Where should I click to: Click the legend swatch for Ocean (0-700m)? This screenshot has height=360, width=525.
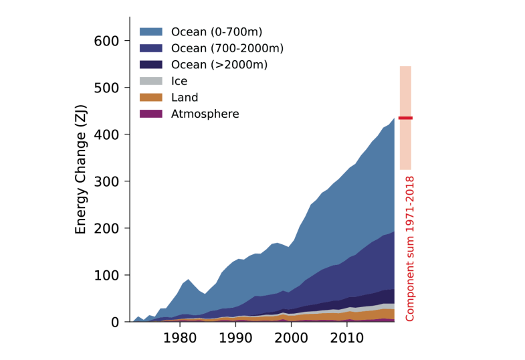tap(151, 31)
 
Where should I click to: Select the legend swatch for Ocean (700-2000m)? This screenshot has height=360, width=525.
tap(151, 48)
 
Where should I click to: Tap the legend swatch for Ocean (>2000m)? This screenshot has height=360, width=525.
tap(151, 65)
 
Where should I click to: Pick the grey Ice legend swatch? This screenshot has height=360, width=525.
tap(151, 82)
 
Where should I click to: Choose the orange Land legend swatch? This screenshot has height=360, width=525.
tap(151, 98)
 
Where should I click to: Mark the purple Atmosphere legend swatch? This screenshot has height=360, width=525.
tap(151, 114)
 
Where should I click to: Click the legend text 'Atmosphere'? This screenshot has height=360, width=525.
tap(205, 114)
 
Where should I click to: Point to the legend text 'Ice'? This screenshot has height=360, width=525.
tap(179, 82)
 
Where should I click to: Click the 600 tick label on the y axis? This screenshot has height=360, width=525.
tap(107, 41)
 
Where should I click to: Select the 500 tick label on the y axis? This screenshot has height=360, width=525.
tap(107, 88)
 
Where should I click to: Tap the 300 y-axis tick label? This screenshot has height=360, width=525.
tap(107, 182)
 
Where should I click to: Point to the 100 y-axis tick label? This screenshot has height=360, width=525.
tap(107, 276)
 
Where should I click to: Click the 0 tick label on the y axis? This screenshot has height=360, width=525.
tap(115, 323)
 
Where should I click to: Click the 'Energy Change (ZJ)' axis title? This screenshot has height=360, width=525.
tap(81, 169)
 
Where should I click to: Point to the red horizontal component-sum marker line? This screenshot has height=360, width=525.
tap(405, 118)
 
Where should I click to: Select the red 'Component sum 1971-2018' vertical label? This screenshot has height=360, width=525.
tap(410, 248)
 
